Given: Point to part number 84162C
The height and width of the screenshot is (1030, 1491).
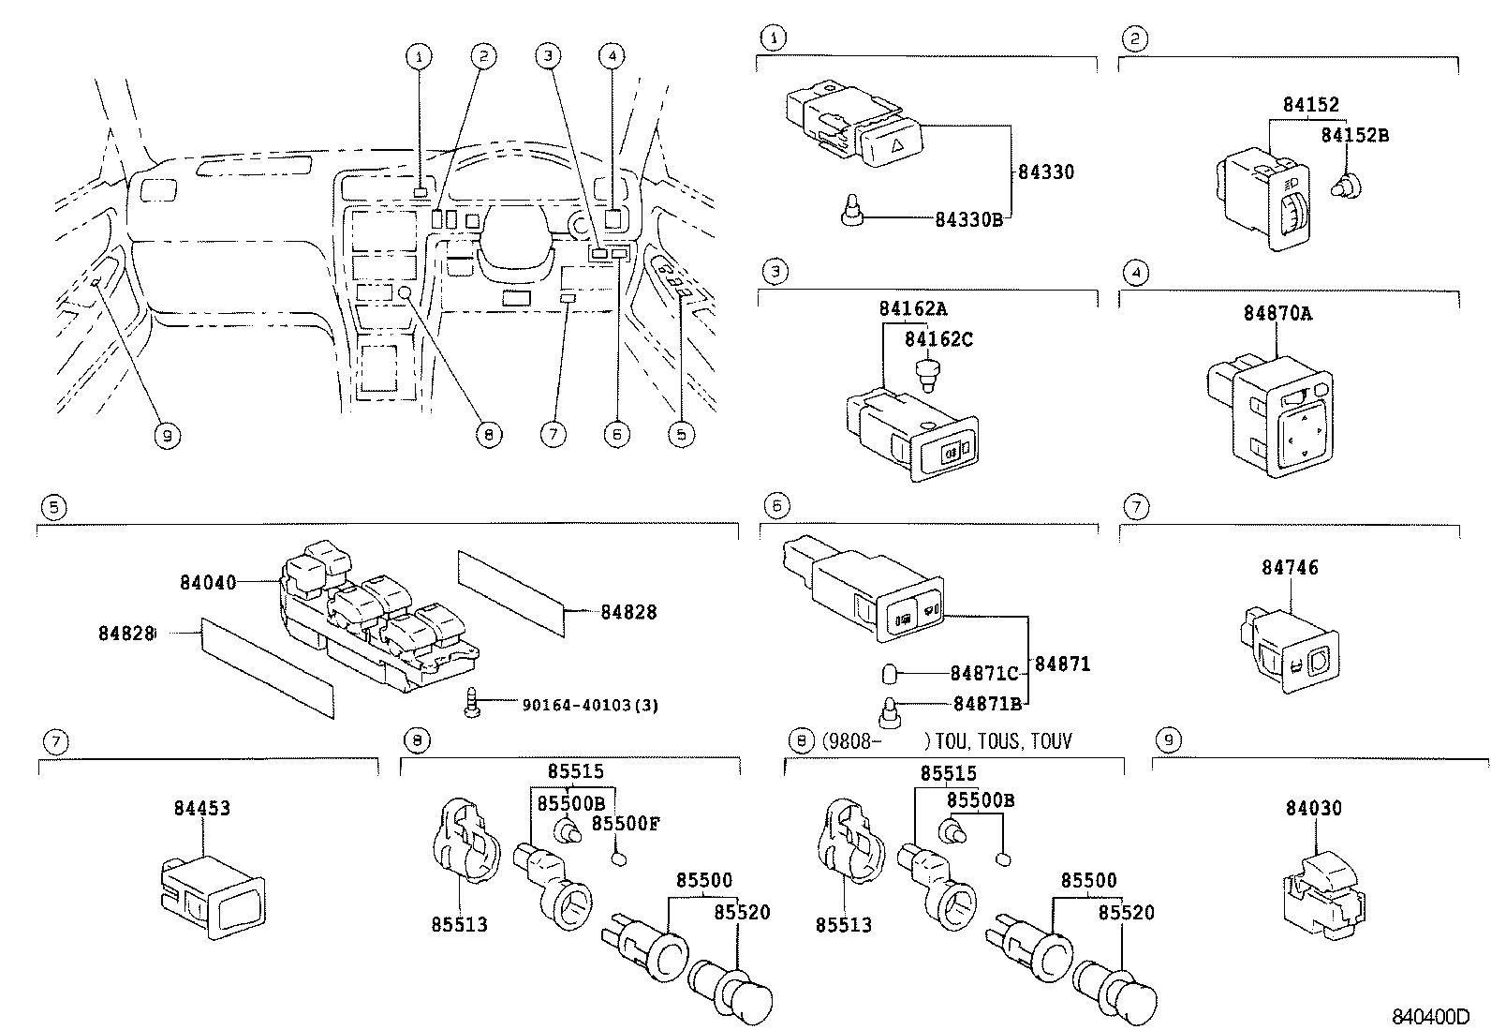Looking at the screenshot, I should click(x=938, y=339).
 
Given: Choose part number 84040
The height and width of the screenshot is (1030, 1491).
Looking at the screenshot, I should click(x=208, y=583).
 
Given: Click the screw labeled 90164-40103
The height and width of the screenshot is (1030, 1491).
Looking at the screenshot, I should click(x=474, y=703).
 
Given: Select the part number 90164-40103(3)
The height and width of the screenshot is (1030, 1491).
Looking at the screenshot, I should click(x=590, y=705).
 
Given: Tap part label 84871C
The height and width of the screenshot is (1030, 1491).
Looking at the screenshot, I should click(x=983, y=673).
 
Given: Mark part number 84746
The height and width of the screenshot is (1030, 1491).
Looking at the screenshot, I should click(x=1289, y=567).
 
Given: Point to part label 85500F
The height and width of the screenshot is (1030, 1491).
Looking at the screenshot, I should click(x=626, y=823).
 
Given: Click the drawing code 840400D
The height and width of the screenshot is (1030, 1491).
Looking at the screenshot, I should click(x=1431, y=1017).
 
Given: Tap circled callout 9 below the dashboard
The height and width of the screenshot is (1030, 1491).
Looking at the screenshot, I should click(x=167, y=435).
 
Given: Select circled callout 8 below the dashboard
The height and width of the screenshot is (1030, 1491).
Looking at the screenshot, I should click(x=488, y=435).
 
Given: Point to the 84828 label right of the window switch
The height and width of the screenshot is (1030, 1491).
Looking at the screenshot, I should click(x=628, y=612).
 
